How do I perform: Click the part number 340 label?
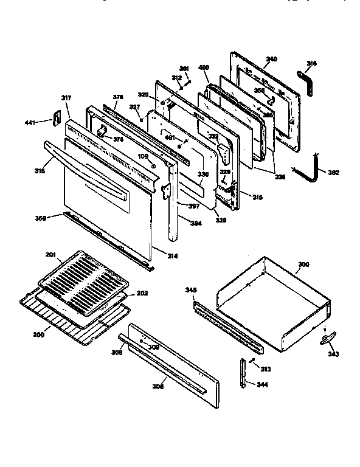click(271, 59)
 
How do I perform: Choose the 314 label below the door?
click(173, 257)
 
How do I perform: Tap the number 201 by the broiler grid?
click(50, 254)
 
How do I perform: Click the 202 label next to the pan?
click(142, 294)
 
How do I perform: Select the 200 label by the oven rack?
click(39, 336)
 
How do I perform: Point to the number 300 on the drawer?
click(303, 266)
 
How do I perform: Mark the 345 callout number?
click(191, 291)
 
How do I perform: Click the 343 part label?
click(333, 353)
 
